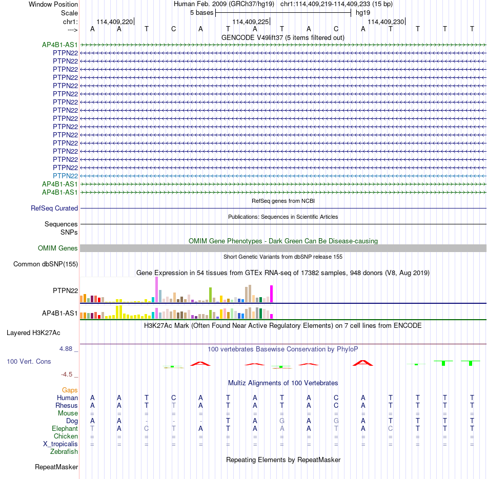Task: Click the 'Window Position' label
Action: click(53, 4)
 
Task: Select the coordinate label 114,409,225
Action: click(250, 22)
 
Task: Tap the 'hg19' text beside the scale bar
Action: click(363, 13)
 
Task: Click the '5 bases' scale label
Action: click(202, 13)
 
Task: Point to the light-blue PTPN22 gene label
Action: click(65, 176)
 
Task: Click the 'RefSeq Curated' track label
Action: click(54, 209)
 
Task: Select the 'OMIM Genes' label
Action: click(58, 248)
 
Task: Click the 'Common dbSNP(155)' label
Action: click(46, 264)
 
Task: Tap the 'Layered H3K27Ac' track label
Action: click(33, 333)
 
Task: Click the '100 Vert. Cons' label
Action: click(29, 361)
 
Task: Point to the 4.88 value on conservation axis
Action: click(66, 349)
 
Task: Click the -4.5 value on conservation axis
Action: click(67, 374)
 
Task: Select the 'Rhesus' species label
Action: click(67, 405)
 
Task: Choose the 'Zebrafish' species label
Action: click(64, 452)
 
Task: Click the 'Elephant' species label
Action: click(65, 428)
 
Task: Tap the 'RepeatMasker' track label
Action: click(56, 467)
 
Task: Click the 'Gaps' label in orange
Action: click(70, 390)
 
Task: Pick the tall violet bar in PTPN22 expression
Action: click(156, 289)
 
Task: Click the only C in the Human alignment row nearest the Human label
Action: click(174, 398)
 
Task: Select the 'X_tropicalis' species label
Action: click(60, 444)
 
